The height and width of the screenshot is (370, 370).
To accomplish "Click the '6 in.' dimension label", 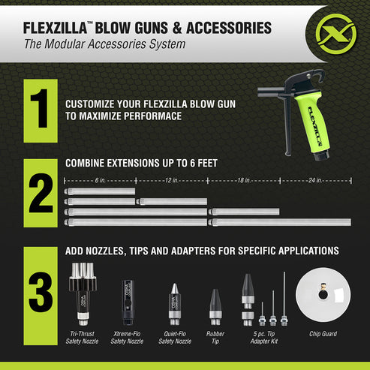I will pyautogui.click(x=99, y=180).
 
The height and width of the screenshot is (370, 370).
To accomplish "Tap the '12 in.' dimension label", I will pyautogui.click(x=171, y=180).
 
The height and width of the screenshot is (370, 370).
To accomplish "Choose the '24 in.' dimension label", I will pyautogui.click(x=314, y=180).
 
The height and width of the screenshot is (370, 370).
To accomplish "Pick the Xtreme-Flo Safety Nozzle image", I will pyautogui.click(x=127, y=301).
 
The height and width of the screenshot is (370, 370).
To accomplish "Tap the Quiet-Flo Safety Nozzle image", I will pyautogui.click(x=174, y=300).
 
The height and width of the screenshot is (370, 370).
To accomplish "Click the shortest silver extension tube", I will pyautogui.click(x=100, y=191).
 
